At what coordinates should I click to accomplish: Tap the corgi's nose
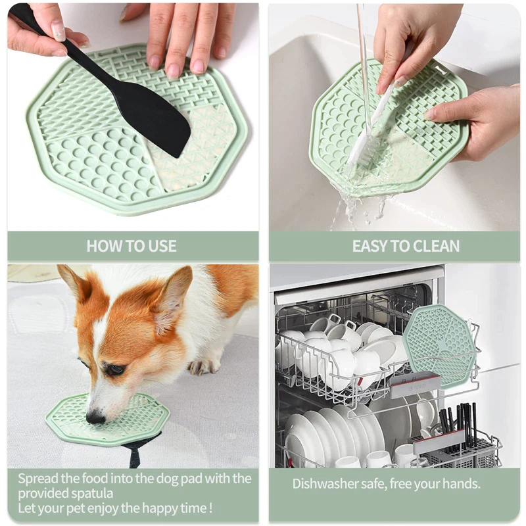[x=95, y=418]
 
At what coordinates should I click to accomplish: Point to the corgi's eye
[x=116, y=370]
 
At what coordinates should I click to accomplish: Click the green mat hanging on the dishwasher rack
[x=440, y=347]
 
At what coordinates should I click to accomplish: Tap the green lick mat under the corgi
[x=107, y=420]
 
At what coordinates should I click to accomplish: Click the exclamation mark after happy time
[x=210, y=508]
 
